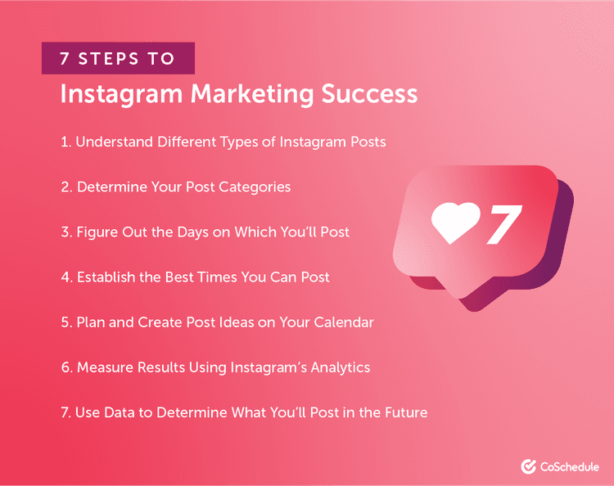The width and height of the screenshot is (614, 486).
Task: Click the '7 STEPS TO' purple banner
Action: [119, 59]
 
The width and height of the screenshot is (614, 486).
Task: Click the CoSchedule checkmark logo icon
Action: [528, 466]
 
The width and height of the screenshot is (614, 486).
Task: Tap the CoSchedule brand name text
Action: [570, 466]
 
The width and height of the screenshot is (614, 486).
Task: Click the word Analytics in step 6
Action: [336, 367]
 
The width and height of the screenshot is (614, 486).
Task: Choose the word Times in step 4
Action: [218, 277]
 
